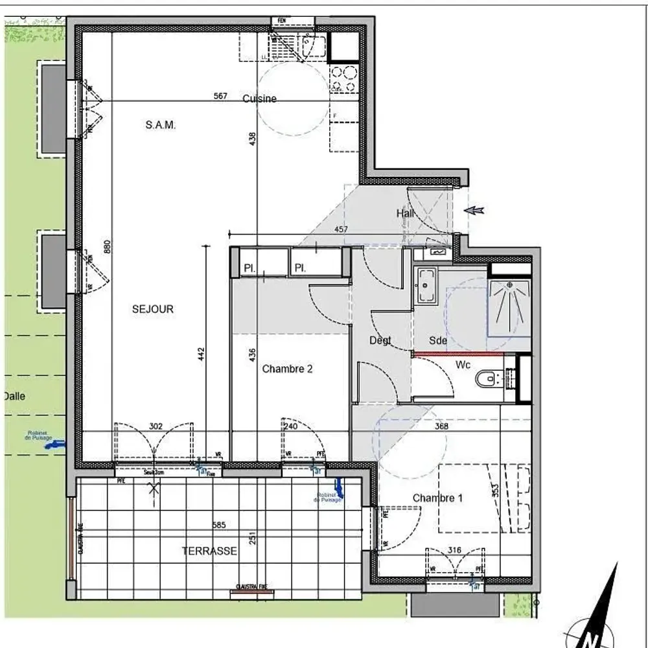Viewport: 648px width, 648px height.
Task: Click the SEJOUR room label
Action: [152, 309]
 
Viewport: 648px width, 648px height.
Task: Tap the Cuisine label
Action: [259, 98]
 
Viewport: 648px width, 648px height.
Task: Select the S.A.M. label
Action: [160, 125]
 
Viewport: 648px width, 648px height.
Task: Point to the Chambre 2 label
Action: [287, 369]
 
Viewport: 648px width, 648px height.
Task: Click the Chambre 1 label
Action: [437, 498]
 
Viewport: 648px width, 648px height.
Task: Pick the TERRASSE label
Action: [209, 551]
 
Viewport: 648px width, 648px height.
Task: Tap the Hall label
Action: [406, 213]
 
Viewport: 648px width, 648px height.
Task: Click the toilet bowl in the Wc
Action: [486, 377]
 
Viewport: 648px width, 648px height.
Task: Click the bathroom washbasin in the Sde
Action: [426, 285]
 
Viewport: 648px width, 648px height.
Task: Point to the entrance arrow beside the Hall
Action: [474, 210]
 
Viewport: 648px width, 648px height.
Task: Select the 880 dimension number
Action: [107, 248]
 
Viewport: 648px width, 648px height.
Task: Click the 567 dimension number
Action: [220, 96]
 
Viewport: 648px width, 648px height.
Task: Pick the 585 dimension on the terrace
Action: [218, 526]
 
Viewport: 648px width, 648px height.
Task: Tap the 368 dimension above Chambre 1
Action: [442, 426]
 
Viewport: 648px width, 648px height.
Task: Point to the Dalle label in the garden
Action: [14, 396]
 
